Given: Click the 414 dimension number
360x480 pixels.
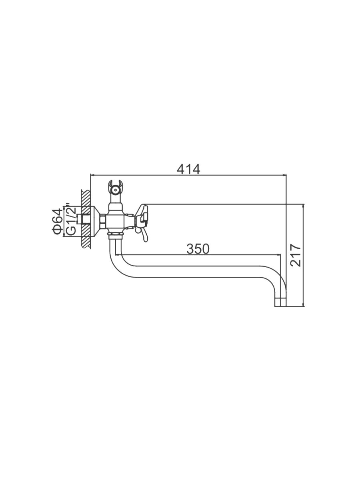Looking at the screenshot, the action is (188, 170).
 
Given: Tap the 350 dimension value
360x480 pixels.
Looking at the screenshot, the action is (198, 249).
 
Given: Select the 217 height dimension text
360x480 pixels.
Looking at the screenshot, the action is (296, 256).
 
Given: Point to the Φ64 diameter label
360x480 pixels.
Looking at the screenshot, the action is (57, 221).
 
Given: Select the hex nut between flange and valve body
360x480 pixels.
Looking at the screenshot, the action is (103, 221).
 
